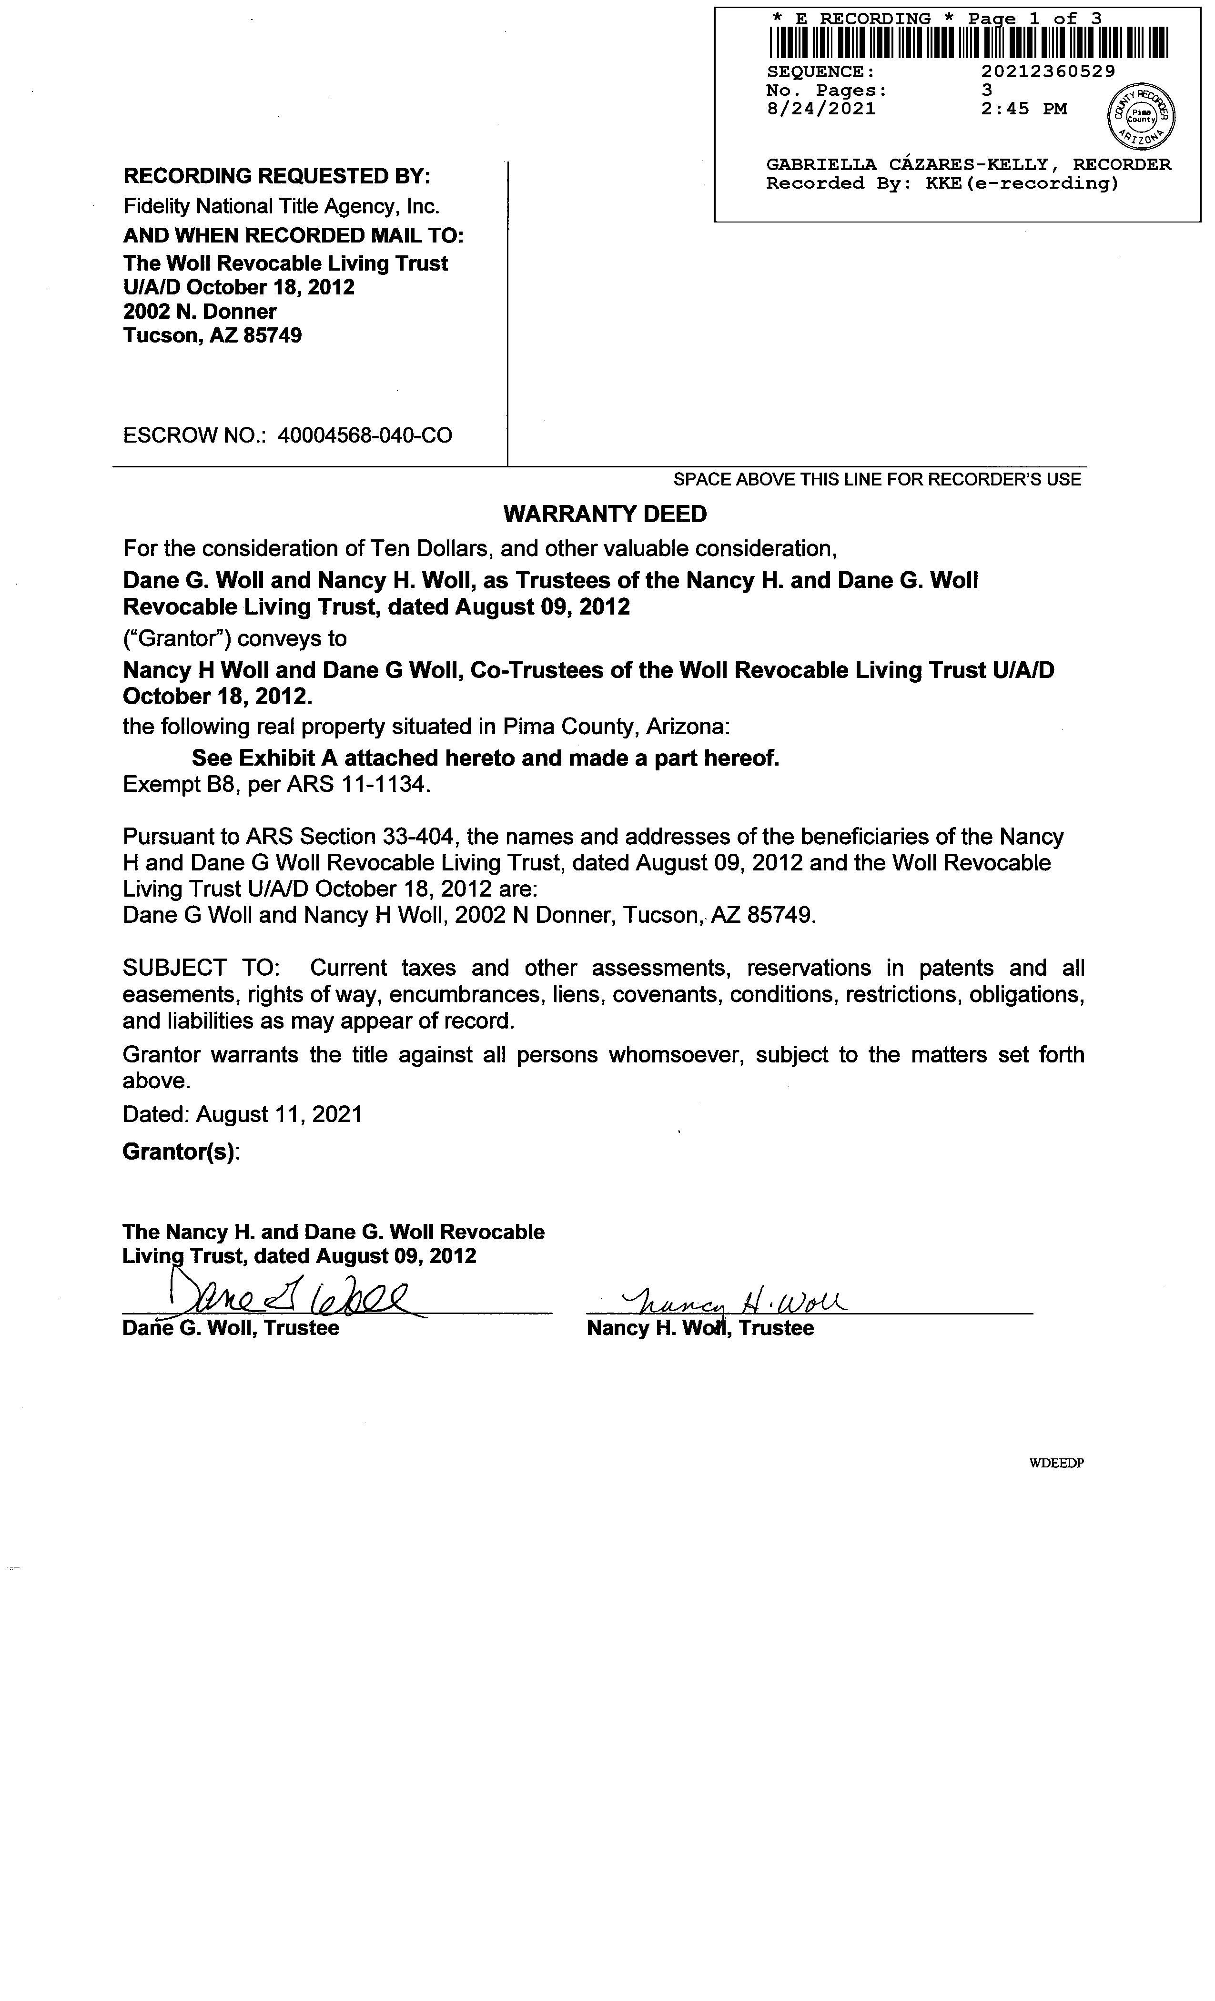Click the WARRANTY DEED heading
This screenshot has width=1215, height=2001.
click(x=605, y=514)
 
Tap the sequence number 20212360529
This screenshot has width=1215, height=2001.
click(x=1048, y=71)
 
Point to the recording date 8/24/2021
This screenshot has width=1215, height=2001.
click(x=821, y=109)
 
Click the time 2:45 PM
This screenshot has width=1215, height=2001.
click(x=1023, y=109)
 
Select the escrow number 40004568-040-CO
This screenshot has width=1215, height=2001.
click(x=364, y=436)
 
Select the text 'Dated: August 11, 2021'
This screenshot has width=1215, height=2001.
click(x=242, y=1114)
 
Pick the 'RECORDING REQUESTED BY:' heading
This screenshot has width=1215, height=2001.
click(x=277, y=176)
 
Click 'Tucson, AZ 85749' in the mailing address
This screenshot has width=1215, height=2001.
click(x=212, y=335)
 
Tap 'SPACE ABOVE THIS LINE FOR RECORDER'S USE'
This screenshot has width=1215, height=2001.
click(x=877, y=480)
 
